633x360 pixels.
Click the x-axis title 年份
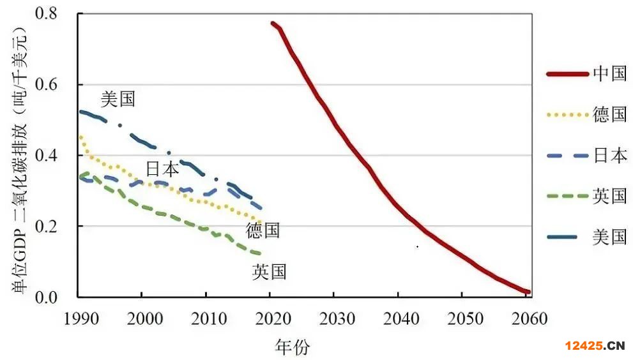coord(292,347)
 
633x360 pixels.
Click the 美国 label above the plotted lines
coord(118,100)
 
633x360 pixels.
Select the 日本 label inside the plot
coord(162,170)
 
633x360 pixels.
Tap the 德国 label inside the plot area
coord(263,230)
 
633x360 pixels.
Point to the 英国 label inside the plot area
coord(269,273)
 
